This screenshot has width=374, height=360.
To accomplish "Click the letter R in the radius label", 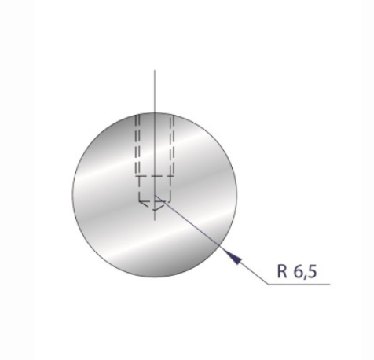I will (282, 273).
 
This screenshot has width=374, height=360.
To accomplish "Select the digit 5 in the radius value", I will (313, 273).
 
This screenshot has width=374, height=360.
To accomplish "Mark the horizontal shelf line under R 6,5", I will (299, 285).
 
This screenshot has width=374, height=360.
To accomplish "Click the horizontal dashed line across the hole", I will (155, 176).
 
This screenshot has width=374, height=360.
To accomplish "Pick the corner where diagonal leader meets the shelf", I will (267, 285).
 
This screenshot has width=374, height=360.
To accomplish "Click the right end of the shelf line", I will (330, 285).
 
